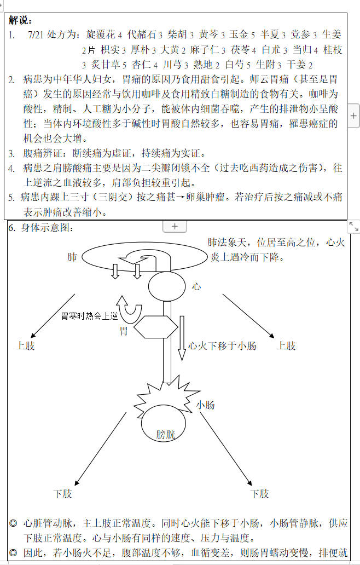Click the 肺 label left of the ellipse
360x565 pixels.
[x=72, y=257]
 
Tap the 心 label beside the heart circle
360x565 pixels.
[x=197, y=286]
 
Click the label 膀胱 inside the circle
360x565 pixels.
[x=166, y=435]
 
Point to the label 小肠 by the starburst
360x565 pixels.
[x=205, y=405]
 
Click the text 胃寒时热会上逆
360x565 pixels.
[x=89, y=316]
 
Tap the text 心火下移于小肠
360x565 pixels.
[x=223, y=345]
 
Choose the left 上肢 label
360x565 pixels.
[x=26, y=345]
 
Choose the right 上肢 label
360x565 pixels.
[x=287, y=345]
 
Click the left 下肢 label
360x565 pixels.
[x=62, y=494]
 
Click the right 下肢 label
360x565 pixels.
[x=260, y=494]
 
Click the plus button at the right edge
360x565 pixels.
[x=353, y=116]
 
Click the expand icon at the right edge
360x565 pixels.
[x=353, y=227]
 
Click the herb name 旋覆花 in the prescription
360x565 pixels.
[x=101, y=34]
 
